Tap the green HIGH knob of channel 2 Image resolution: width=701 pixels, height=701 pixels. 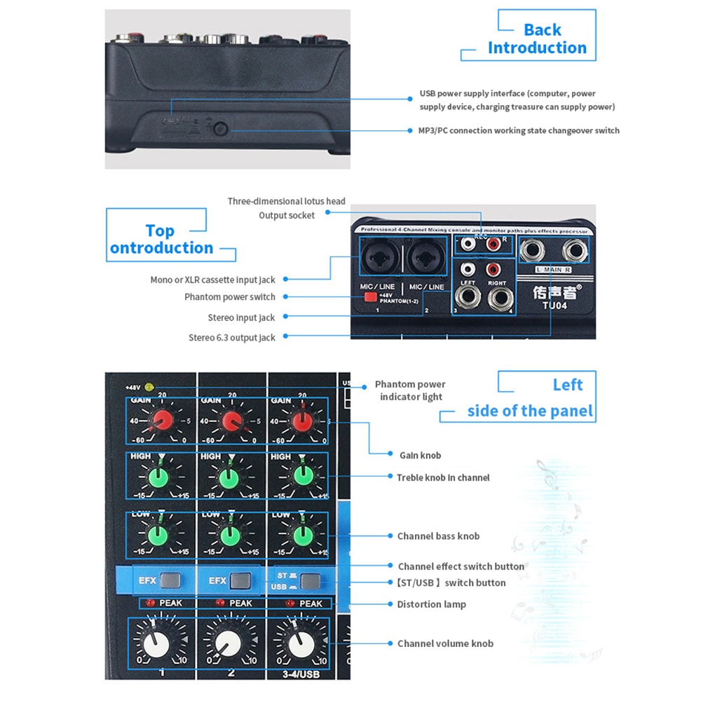(x=228, y=477)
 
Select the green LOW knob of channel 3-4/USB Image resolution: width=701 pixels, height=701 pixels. (x=301, y=536)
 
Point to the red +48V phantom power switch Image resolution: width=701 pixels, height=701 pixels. (x=369, y=297)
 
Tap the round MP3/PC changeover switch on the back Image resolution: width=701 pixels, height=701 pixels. (x=222, y=129)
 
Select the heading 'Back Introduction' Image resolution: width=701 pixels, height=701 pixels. (x=538, y=39)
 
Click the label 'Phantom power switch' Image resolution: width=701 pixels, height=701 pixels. (x=230, y=297)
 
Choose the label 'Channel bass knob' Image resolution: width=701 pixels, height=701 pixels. (x=438, y=536)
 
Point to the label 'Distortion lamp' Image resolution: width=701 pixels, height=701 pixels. (x=431, y=604)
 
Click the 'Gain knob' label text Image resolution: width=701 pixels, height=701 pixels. (x=420, y=456)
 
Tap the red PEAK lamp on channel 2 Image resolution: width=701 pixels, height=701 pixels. (x=220, y=603)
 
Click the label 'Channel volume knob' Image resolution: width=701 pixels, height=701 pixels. (x=445, y=644)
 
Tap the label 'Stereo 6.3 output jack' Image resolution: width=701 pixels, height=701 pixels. (x=232, y=338)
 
